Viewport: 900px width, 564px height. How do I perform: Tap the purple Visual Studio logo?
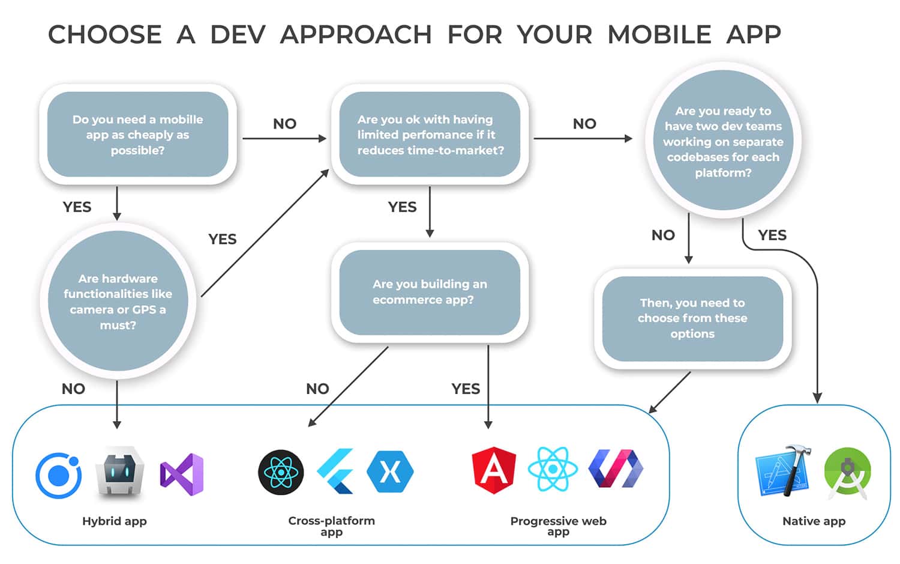tap(182, 475)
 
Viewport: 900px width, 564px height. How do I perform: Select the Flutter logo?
tap(336, 472)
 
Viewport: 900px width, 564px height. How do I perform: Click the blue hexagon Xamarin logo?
tap(390, 472)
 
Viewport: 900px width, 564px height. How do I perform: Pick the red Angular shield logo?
tap(494, 470)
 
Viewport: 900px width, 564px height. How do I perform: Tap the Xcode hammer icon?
tap(783, 472)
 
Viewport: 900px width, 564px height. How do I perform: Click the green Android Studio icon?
tap(847, 473)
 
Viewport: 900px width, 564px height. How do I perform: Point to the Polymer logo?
tap(616, 469)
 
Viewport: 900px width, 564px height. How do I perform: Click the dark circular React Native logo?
tap(281, 472)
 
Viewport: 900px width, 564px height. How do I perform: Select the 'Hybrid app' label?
tap(114, 521)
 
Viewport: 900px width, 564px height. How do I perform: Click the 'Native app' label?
tap(814, 521)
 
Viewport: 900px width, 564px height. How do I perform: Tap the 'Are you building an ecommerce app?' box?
tap(430, 292)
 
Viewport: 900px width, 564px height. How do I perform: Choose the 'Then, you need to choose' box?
tap(692, 318)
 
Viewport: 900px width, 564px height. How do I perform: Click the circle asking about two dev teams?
tap(723, 142)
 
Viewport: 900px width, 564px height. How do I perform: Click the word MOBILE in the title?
tap(659, 35)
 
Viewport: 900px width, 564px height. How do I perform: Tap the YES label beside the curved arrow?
tap(772, 235)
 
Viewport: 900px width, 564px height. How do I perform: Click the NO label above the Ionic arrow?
tap(73, 389)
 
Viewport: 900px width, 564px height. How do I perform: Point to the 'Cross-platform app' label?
tap(331, 526)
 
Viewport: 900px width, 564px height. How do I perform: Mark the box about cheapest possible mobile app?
tap(137, 135)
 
